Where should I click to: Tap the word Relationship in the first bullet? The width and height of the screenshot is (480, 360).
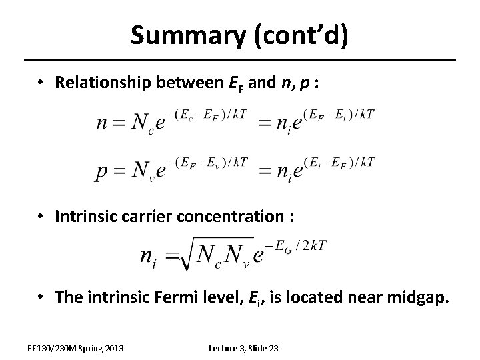[106, 82]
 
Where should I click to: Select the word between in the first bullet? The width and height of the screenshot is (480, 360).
[192, 82]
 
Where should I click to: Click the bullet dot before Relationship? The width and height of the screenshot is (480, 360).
[41, 82]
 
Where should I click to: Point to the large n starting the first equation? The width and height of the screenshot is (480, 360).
[105, 124]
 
